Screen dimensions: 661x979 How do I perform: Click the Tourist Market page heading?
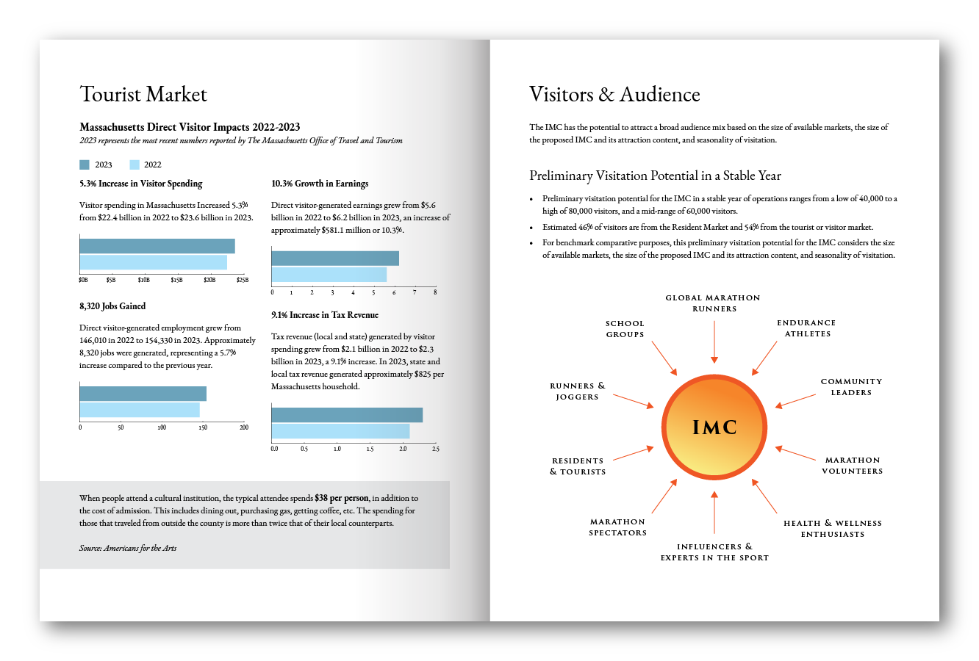(x=143, y=95)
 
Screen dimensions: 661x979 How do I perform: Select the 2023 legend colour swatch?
(x=85, y=165)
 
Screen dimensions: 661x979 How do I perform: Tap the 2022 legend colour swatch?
(x=135, y=165)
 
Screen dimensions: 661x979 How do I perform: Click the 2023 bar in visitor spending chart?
(x=157, y=246)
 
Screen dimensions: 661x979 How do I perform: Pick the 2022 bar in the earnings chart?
(x=329, y=275)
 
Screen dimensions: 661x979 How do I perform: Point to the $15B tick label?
(x=177, y=280)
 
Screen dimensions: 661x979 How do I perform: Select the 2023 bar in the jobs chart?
(x=143, y=394)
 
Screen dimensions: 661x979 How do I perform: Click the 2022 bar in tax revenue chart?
(x=340, y=431)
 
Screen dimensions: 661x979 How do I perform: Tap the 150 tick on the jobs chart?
(x=203, y=427)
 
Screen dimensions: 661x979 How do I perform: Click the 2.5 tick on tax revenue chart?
(x=435, y=449)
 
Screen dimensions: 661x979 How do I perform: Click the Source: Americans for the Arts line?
(x=128, y=548)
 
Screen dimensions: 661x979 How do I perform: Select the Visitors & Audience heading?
(x=614, y=95)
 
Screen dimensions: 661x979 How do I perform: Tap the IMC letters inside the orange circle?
(x=714, y=427)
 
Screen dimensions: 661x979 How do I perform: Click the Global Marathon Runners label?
(x=713, y=303)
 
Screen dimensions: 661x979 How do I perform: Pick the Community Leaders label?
(x=851, y=387)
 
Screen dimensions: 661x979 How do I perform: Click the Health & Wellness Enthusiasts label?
(x=833, y=529)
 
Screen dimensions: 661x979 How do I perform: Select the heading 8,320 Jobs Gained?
(x=112, y=306)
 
